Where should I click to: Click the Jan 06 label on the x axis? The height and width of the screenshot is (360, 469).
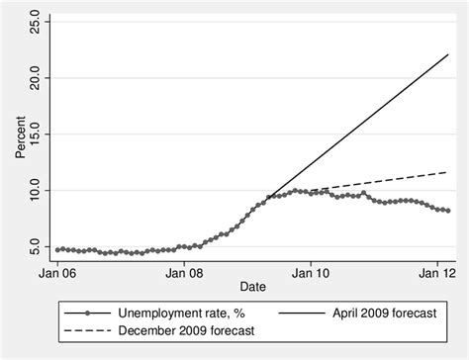point(57,269)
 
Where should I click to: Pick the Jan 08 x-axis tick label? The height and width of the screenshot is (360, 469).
point(184,269)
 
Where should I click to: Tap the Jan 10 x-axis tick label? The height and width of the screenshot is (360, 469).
point(311,269)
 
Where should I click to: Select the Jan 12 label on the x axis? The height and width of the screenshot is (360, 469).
point(436,269)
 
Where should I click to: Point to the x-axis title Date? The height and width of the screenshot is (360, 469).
point(252,285)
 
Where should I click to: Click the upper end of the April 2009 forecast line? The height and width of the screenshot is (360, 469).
point(447,54)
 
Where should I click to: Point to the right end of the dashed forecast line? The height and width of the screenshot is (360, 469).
point(447,171)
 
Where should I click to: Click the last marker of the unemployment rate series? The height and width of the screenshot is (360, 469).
point(447,211)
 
